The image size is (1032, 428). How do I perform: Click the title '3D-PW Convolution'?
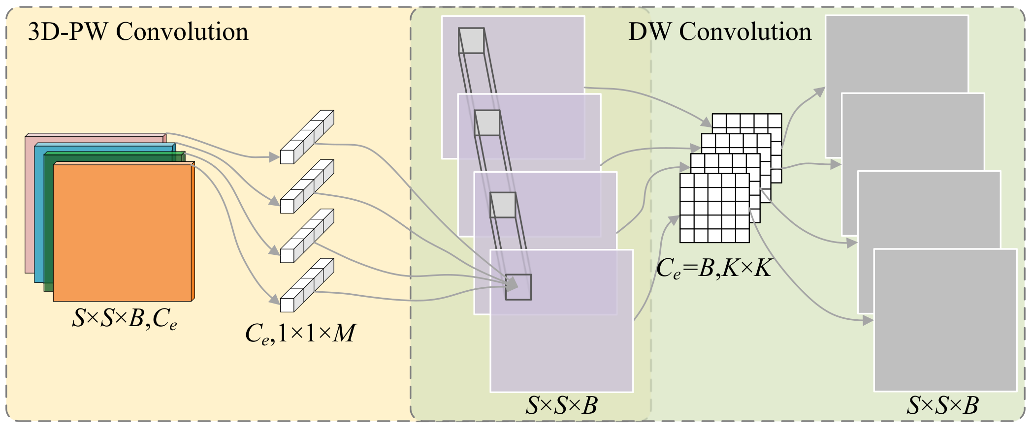click(x=138, y=32)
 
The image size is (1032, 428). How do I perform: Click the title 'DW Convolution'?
click(x=720, y=32)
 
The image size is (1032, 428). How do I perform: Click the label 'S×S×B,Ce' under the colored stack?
click(x=124, y=319)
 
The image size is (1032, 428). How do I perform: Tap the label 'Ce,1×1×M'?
click(x=300, y=334)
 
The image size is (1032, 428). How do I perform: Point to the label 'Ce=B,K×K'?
click(x=714, y=269)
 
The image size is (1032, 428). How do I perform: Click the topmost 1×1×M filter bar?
click(x=307, y=137)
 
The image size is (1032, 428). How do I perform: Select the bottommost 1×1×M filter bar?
click(x=307, y=285)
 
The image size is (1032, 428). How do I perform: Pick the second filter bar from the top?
click(x=307, y=186)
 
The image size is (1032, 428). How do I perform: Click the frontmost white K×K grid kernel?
click(x=714, y=208)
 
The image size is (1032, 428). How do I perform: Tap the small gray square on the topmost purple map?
click(x=471, y=40)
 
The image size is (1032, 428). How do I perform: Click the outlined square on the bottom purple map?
click(x=518, y=287)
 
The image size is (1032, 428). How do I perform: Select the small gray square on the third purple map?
click(x=503, y=205)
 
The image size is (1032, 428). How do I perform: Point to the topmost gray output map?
click(x=896, y=54)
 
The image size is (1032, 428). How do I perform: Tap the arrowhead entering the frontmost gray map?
click(x=869, y=321)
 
